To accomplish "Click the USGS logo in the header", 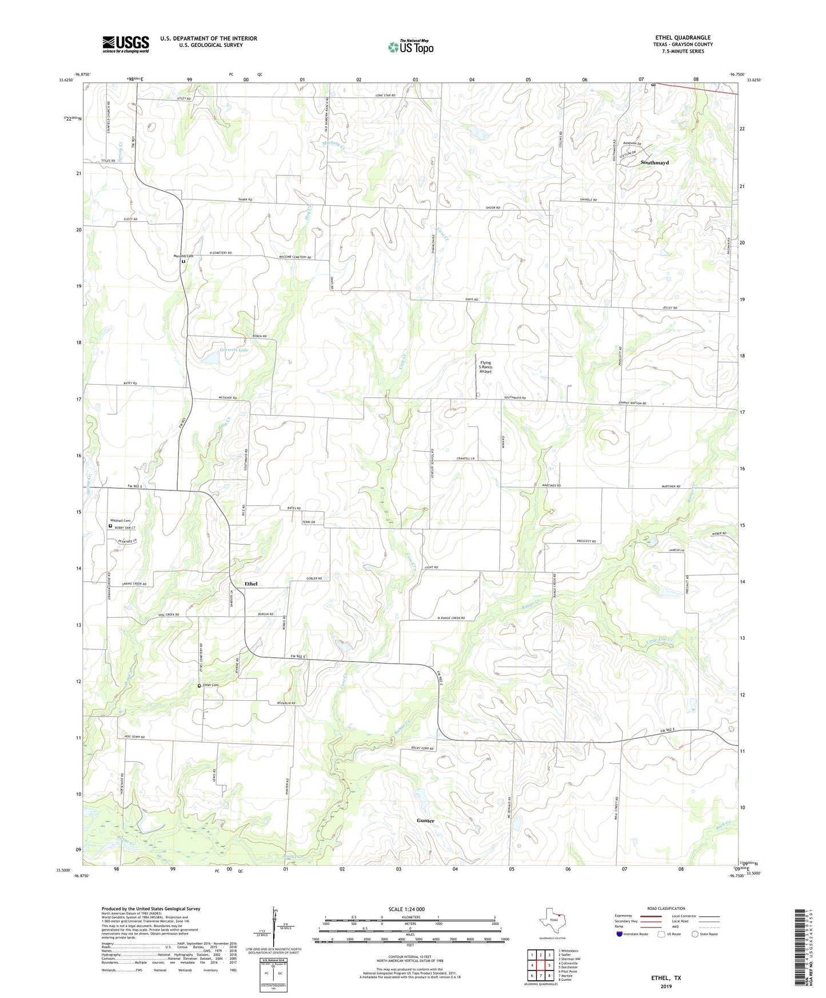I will [x=126, y=44].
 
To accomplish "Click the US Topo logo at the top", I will [x=410, y=46].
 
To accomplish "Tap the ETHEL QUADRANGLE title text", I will [x=683, y=38].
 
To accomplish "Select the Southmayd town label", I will [x=654, y=163].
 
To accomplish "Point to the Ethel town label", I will [x=251, y=584].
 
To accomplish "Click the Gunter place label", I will [x=425, y=820].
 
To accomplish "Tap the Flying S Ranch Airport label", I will [x=486, y=367].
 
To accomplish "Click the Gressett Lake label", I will [x=234, y=349].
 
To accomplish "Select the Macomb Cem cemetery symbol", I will [x=183, y=262].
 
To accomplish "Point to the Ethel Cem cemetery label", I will [x=211, y=685].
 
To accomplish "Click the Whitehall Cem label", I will [x=120, y=521].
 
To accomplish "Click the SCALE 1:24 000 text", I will [x=406, y=909].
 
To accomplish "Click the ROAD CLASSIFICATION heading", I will [x=666, y=908].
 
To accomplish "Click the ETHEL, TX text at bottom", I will [x=666, y=978].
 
